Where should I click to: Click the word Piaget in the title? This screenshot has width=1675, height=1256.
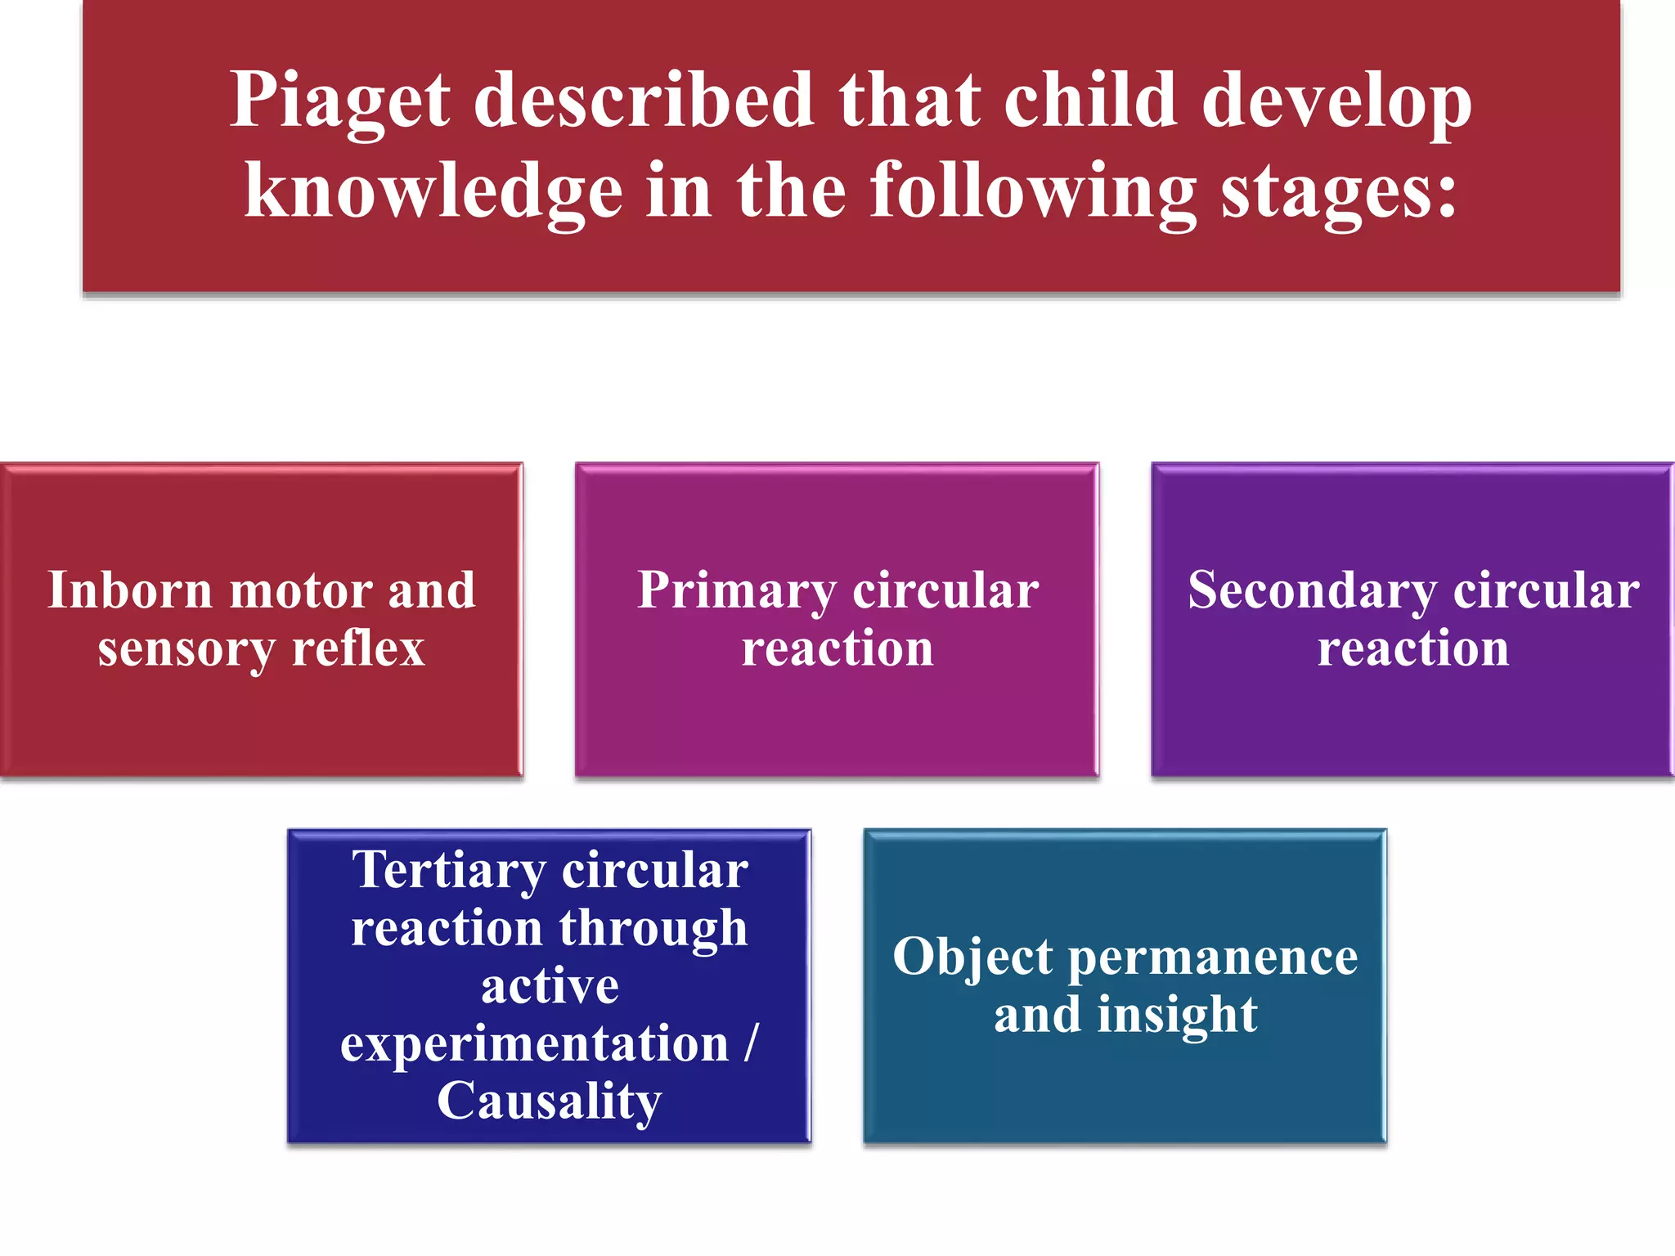(339, 101)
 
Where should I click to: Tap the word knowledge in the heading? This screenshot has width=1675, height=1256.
(433, 191)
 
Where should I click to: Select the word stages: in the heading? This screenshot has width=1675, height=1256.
(1339, 191)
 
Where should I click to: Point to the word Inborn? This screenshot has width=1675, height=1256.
(130, 590)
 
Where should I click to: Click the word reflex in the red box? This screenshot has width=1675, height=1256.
(358, 649)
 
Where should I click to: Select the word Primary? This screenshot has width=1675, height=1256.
(737, 590)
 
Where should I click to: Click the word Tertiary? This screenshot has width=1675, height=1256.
(448, 870)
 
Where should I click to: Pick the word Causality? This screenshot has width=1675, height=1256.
(549, 1101)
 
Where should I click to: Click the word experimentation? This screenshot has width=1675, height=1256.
(534, 1044)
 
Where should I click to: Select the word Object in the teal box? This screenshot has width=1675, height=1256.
(972, 957)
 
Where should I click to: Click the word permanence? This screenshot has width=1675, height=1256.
(1213, 957)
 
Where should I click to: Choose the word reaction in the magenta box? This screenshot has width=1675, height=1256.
(837, 649)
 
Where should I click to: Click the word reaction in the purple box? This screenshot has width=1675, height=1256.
(1413, 649)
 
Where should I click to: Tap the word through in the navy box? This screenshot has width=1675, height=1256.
(653, 929)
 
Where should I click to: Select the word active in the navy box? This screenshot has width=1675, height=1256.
(550, 986)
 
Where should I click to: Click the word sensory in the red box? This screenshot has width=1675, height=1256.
(186, 649)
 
